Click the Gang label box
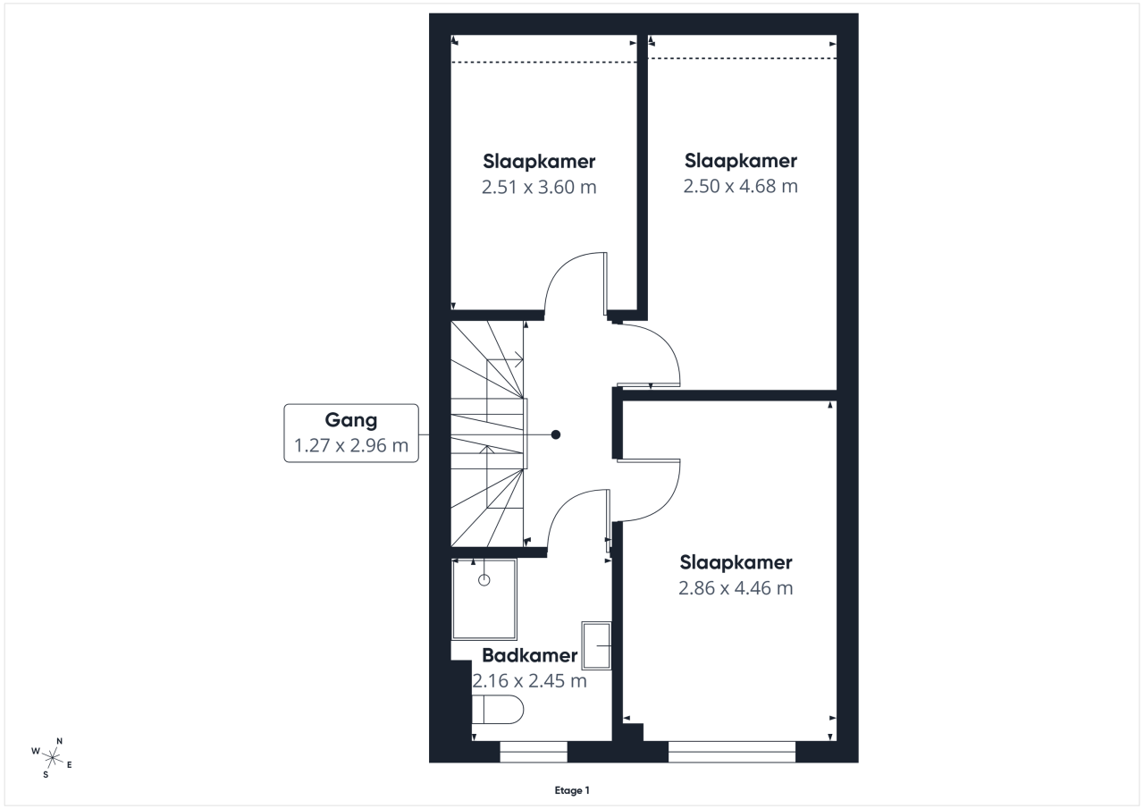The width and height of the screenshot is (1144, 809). [x=351, y=433]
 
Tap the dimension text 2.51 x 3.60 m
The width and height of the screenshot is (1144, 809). [x=539, y=187]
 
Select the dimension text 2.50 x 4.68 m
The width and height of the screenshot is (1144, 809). [x=741, y=186]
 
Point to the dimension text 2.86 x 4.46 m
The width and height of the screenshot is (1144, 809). [x=736, y=588]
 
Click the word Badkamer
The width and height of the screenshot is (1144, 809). [x=530, y=655]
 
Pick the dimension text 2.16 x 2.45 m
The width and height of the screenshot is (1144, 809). [x=530, y=681]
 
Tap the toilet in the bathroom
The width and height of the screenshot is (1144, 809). [x=498, y=709]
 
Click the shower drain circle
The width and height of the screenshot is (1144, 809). [x=484, y=580]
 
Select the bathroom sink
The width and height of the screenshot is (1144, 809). [x=596, y=645]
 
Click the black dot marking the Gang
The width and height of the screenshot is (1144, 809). [x=556, y=434]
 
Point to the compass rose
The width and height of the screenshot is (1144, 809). [x=52, y=758]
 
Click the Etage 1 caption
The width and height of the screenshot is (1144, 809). [x=572, y=790]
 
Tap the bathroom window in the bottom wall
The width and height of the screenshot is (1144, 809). [x=534, y=752]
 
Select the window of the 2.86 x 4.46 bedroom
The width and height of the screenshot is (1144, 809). [x=732, y=752]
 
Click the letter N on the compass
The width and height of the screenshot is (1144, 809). [x=59, y=741]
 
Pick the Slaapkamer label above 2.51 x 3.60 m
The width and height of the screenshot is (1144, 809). [x=539, y=162]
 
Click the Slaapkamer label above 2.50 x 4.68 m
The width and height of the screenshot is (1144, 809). [x=741, y=160]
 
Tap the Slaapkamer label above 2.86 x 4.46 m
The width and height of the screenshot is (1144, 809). [x=736, y=562]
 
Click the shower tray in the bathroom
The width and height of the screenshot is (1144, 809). [x=484, y=599]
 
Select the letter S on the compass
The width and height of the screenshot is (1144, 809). [x=46, y=775]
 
